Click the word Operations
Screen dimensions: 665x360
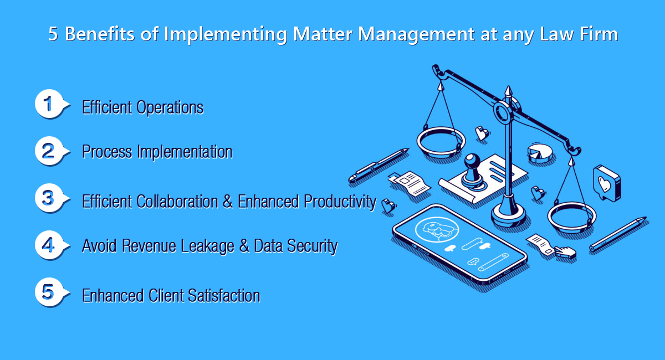[x=170, y=108]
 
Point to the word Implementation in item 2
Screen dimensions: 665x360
[x=185, y=152]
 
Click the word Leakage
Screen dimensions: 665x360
[x=207, y=246]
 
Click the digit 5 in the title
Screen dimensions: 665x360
[x=53, y=34]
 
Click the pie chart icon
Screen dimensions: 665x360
[x=540, y=153]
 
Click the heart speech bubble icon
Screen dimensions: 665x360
[x=606, y=183]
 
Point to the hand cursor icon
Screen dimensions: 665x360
[x=566, y=253]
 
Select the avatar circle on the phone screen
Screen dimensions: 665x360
[x=437, y=229]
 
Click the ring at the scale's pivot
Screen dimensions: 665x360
[x=503, y=112]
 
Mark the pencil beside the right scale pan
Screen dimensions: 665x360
[x=618, y=234]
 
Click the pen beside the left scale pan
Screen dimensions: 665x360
[x=378, y=164]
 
